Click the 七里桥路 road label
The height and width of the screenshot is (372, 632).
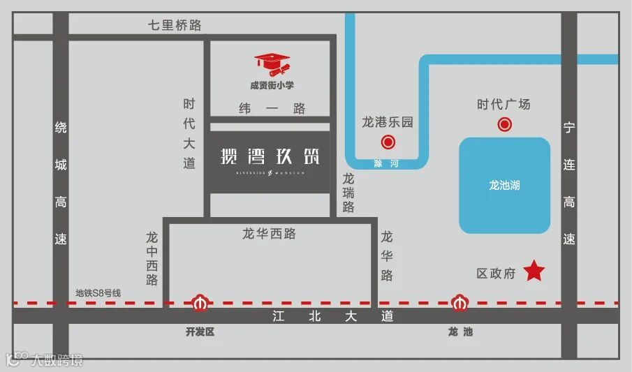click(175, 25)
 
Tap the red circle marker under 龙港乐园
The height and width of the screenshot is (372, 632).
click(388, 143)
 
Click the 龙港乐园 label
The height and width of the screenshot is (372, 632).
click(388, 123)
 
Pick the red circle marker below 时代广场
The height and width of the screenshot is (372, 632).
click(504, 125)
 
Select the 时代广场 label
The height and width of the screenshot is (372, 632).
click(504, 105)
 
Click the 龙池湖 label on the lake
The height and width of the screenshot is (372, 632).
click(504, 186)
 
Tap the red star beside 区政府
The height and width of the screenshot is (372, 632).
click(534, 271)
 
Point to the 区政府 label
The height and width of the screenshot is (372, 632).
click(496, 274)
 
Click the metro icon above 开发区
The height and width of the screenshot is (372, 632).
click(200, 304)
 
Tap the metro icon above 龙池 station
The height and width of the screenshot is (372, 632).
click(459, 304)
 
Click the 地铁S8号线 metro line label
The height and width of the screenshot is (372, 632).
click(98, 293)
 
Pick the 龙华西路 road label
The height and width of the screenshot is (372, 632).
click(270, 235)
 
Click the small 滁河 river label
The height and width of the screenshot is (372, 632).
click(381, 163)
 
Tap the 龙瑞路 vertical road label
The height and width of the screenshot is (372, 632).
click(348, 193)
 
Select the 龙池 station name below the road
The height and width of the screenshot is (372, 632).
click(460, 332)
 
